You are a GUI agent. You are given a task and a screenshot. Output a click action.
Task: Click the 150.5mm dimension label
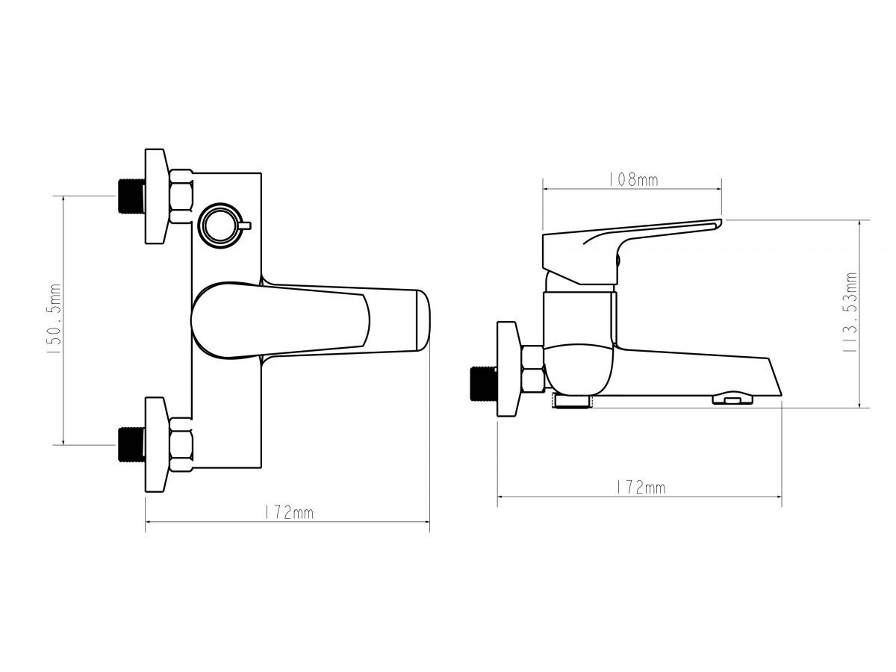(54, 319)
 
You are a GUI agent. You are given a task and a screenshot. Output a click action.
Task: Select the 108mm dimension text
(633, 179)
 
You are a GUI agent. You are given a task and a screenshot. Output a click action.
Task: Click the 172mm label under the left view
(289, 512)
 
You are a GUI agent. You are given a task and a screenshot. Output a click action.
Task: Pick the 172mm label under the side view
(640, 488)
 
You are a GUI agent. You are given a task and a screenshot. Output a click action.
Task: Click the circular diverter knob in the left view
(222, 225)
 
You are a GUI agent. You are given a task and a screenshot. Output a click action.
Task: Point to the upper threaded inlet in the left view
(131, 196)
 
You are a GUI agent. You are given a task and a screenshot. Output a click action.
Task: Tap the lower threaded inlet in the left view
(131, 445)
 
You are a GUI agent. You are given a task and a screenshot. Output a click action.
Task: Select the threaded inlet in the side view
(483, 384)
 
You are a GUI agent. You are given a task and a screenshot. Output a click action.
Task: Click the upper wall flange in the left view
(157, 196)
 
